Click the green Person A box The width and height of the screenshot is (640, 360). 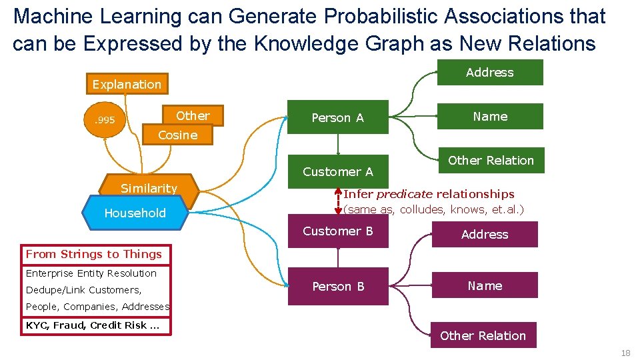(337, 117)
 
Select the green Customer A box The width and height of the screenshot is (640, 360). (337, 172)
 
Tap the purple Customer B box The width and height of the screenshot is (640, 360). (337, 231)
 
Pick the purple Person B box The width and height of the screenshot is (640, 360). (337, 287)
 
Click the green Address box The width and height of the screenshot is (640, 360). (489, 73)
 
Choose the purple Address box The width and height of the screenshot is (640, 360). (484, 235)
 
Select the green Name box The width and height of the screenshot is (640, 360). (489, 117)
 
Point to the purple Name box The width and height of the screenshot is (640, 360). (484, 286)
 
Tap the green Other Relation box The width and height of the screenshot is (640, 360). (491, 161)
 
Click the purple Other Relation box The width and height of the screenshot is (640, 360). (483, 336)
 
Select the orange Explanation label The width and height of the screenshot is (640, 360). (127, 84)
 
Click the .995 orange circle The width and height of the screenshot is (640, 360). (104, 121)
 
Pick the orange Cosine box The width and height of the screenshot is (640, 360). (177, 135)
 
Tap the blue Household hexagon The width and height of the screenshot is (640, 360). (135, 213)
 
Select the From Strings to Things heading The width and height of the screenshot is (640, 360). (94, 254)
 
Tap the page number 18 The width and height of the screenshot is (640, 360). (625, 353)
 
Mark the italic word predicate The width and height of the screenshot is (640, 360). (404, 194)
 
